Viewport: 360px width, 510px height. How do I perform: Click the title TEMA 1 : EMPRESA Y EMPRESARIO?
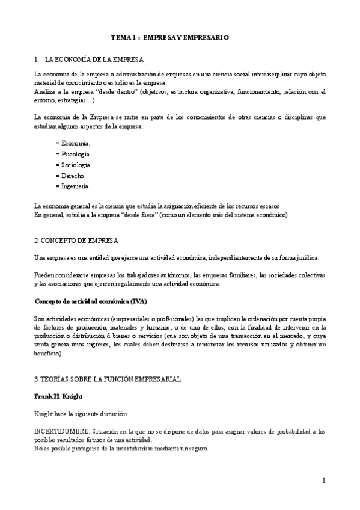click(169, 37)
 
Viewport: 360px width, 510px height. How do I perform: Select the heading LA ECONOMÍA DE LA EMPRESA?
click(94, 60)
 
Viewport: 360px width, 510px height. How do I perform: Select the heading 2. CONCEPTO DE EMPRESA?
click(76, 241)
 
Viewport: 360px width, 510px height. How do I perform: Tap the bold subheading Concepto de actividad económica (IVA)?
click(91, 301)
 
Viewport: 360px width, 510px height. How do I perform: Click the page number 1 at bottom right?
click(323, 480)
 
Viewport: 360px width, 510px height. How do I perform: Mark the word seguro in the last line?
click(198, 448)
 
